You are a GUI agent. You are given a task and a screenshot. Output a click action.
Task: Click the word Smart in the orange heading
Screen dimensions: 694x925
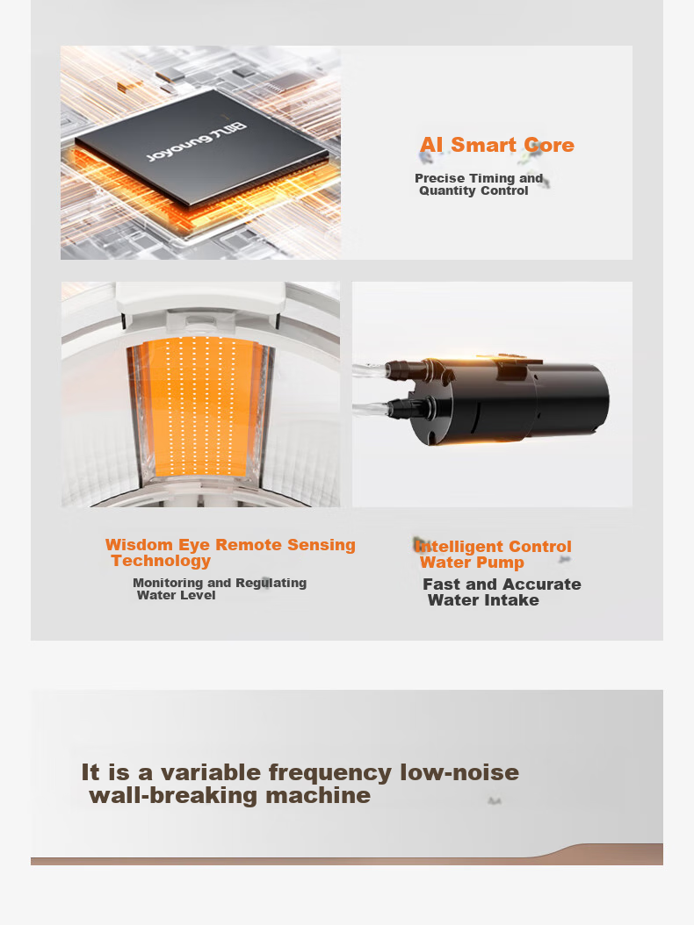point(484,145)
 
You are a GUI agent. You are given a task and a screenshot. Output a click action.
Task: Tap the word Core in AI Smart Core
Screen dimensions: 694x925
point(549,145)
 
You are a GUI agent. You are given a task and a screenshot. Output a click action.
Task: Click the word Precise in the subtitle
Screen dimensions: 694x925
point(440,178)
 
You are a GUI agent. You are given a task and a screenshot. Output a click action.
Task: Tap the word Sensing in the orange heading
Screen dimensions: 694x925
point(322,545)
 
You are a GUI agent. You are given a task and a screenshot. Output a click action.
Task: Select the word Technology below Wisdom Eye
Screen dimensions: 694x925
point(162,561)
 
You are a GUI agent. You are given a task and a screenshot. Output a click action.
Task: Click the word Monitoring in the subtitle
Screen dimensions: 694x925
point(168,583)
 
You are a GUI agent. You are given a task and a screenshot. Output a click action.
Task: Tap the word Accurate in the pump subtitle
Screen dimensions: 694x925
point(542,584)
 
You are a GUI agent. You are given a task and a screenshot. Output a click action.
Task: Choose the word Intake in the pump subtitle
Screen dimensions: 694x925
point(513,600)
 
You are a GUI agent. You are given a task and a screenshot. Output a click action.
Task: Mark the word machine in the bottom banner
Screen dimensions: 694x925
point(318,796)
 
